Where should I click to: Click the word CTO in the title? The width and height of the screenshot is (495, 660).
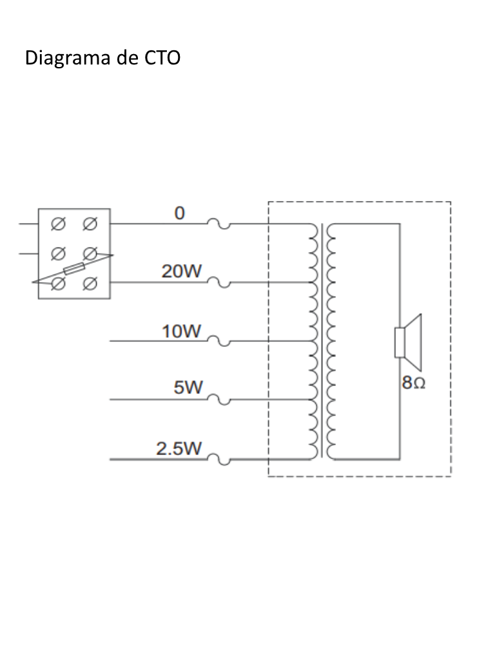coord(162,57)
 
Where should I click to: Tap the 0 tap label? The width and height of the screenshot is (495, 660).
coord(180,213)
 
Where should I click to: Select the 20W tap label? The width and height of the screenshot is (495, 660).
coord(181,271)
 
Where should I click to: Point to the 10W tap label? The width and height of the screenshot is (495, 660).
coord(181,331)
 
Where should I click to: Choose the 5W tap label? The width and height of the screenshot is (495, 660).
coord(188,387)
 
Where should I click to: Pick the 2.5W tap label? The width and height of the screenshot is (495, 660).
coord(179,449)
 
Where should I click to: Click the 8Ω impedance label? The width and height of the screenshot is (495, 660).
coord(413,383)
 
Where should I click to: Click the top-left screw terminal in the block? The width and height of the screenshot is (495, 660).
coord(58,224)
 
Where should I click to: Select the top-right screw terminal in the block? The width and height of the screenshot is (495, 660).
coord(89,224)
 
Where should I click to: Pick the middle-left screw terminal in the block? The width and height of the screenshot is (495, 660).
coord(58,254)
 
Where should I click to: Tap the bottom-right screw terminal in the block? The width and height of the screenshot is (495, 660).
coord(89,284)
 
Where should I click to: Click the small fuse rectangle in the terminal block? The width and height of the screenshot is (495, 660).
coord(74,269)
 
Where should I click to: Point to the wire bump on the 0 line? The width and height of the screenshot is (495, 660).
coord(219,224)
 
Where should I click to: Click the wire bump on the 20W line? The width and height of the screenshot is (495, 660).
coord(219,282)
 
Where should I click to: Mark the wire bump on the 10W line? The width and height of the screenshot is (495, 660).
coord(219,341)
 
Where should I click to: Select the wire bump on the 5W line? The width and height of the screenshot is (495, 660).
coord(219,400)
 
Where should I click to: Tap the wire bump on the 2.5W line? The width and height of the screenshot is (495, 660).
coord(219,459)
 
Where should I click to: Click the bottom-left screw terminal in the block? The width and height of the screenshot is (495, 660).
coord(58,284)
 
